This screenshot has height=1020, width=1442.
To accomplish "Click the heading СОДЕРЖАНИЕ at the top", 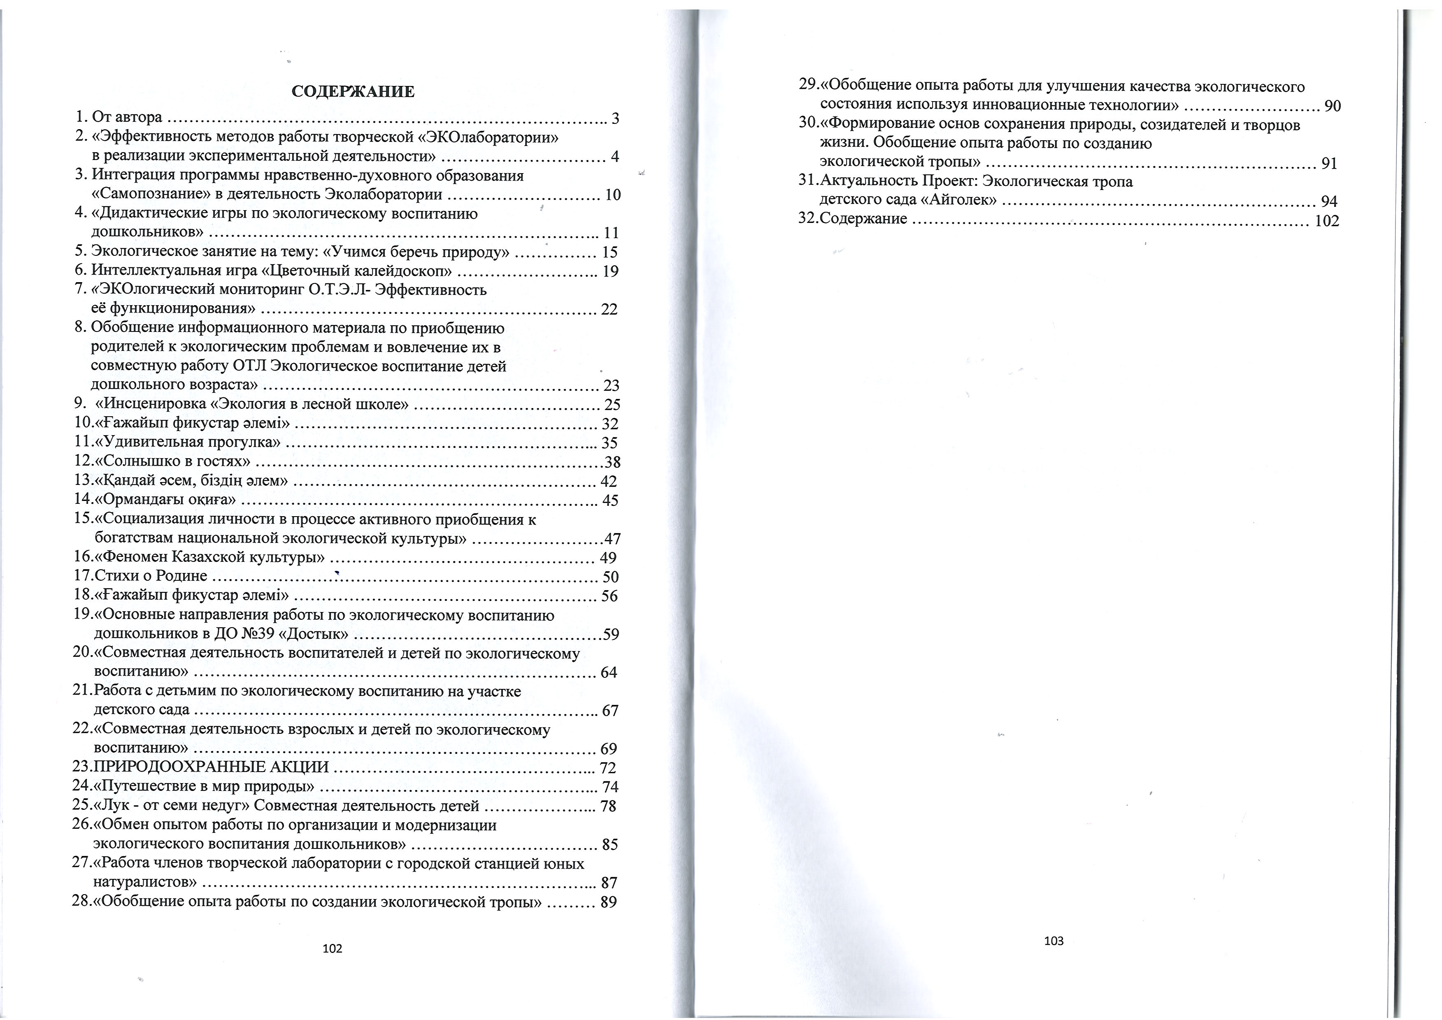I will click(x=353, y=92).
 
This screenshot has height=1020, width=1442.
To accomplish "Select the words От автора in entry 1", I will click(x=127, y=118).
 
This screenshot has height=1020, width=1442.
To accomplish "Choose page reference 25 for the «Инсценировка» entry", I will click(x=612, y=404).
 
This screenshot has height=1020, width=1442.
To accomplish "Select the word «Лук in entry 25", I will click(x=112, y=806).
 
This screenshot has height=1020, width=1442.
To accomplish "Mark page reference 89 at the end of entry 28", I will click(x=608, y=902).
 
